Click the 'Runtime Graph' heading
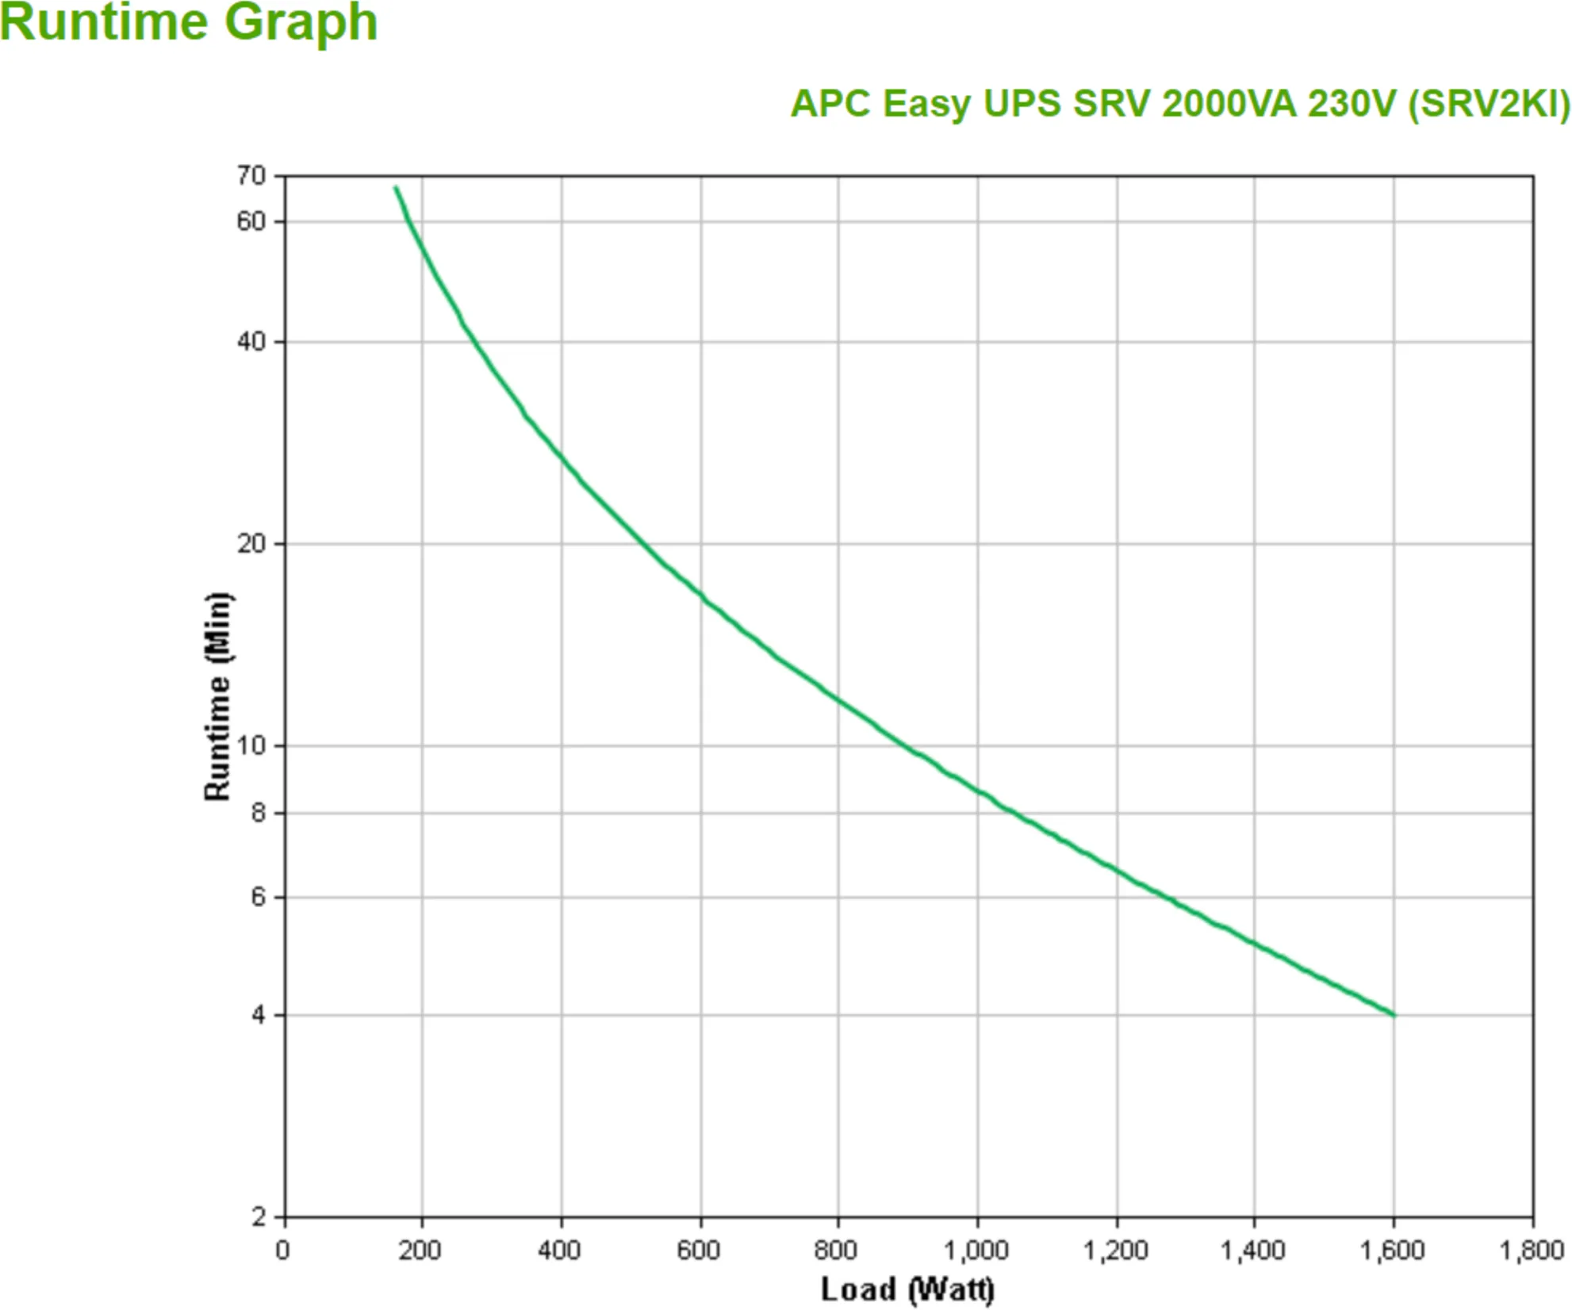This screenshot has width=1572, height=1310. [188, 22]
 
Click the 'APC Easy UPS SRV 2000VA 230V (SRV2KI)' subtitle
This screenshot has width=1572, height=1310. [1179, 104]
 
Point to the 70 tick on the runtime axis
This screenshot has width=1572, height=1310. [251, 175]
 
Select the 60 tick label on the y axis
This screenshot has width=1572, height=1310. [251, 221]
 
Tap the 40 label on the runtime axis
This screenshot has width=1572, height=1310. [251, 342]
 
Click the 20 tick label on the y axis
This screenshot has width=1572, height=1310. [251, 544]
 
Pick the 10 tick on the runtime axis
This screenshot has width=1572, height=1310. [251, 745]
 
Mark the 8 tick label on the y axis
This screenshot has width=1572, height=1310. [258, 813]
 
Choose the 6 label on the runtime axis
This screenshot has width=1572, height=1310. [258, 897]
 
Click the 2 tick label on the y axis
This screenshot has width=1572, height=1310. [258, 1216]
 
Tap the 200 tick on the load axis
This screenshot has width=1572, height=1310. [420, 1251]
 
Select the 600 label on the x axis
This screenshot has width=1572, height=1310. [698, 1251]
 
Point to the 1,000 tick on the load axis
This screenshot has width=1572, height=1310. [976, 1251]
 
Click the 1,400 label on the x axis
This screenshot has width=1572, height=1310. [1252, 1251]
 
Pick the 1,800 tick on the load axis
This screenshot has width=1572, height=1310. [1531, 1251]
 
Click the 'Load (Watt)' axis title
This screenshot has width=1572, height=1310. [907, 1289]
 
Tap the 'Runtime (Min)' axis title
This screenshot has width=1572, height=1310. [217, 697]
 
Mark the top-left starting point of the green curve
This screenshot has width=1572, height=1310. [396, 188]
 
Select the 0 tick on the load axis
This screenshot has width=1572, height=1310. [282, 1251]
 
